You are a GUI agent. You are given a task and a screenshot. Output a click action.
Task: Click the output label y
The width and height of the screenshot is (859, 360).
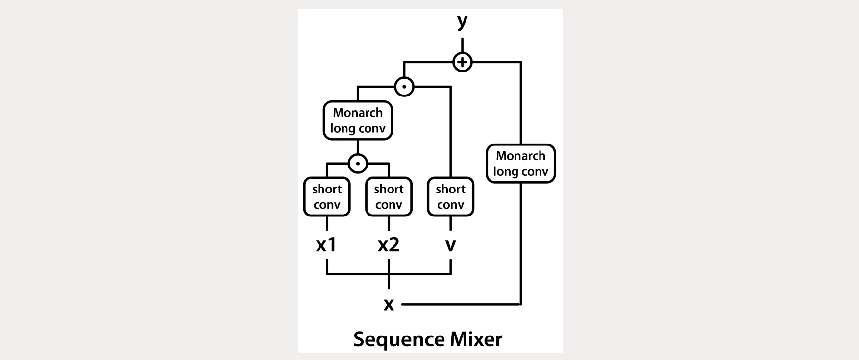click(x=462, y=22)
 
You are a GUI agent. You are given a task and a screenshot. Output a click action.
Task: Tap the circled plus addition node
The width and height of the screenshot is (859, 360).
click(x=462, y=62)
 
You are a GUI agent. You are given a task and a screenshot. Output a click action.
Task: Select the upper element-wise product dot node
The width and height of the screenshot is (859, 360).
click(x=404, y=87)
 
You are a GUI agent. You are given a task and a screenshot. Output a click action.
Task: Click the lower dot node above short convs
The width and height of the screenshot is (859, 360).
click(x=358, y=163)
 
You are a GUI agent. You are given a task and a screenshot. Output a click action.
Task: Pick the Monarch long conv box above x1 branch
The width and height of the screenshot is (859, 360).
click(x=358, y=120)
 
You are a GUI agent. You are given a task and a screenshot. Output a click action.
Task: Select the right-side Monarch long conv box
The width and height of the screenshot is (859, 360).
click(x=520, y=164)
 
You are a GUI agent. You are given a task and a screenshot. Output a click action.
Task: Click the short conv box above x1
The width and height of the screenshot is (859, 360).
click(x=327, y=197)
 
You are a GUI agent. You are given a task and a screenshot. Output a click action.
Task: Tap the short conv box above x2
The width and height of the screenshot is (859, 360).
click(x=389, y=197)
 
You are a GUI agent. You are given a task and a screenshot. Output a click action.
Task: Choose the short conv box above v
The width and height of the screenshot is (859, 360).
click(x=450, y=197)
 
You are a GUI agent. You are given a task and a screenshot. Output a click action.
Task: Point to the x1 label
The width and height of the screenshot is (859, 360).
click(x=326, y=244)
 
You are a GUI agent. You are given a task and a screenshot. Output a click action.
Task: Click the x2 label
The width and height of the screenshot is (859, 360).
click(x=389, y=244)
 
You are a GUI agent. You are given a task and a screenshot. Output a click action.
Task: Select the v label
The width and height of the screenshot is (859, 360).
click(x=450, y=245)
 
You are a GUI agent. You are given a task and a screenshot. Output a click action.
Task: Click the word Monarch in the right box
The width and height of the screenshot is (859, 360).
click(x=520, y=156)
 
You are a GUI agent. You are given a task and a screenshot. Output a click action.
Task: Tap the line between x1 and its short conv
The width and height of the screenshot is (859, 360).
click(x=327, y=224)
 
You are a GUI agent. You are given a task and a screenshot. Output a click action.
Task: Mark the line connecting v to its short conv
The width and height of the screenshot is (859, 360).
click(x=450, y=224)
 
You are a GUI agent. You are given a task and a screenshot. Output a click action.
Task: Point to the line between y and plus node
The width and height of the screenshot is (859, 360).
click(x=462, y=45)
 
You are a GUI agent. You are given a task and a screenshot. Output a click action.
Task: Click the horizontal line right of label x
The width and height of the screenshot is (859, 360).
click(x=461, y=305)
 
